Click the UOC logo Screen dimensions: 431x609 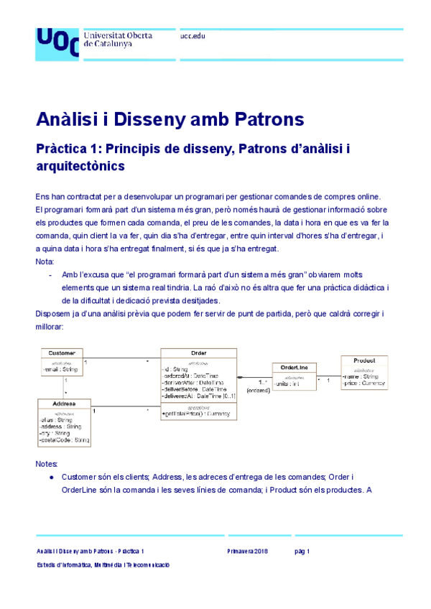coord(57,41)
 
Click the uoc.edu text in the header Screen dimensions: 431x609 coord(193,35)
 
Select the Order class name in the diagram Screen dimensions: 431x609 coord(198,353)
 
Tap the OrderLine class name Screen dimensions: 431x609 coord(293,368)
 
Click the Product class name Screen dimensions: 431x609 coord(365,360)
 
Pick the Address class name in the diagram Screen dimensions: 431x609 coord(64,403)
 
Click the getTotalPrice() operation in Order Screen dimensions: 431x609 coord(195,414)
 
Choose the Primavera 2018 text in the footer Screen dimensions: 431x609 coord(247,551)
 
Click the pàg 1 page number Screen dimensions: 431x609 coord(302,551)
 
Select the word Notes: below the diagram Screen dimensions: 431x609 coord(46,465)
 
